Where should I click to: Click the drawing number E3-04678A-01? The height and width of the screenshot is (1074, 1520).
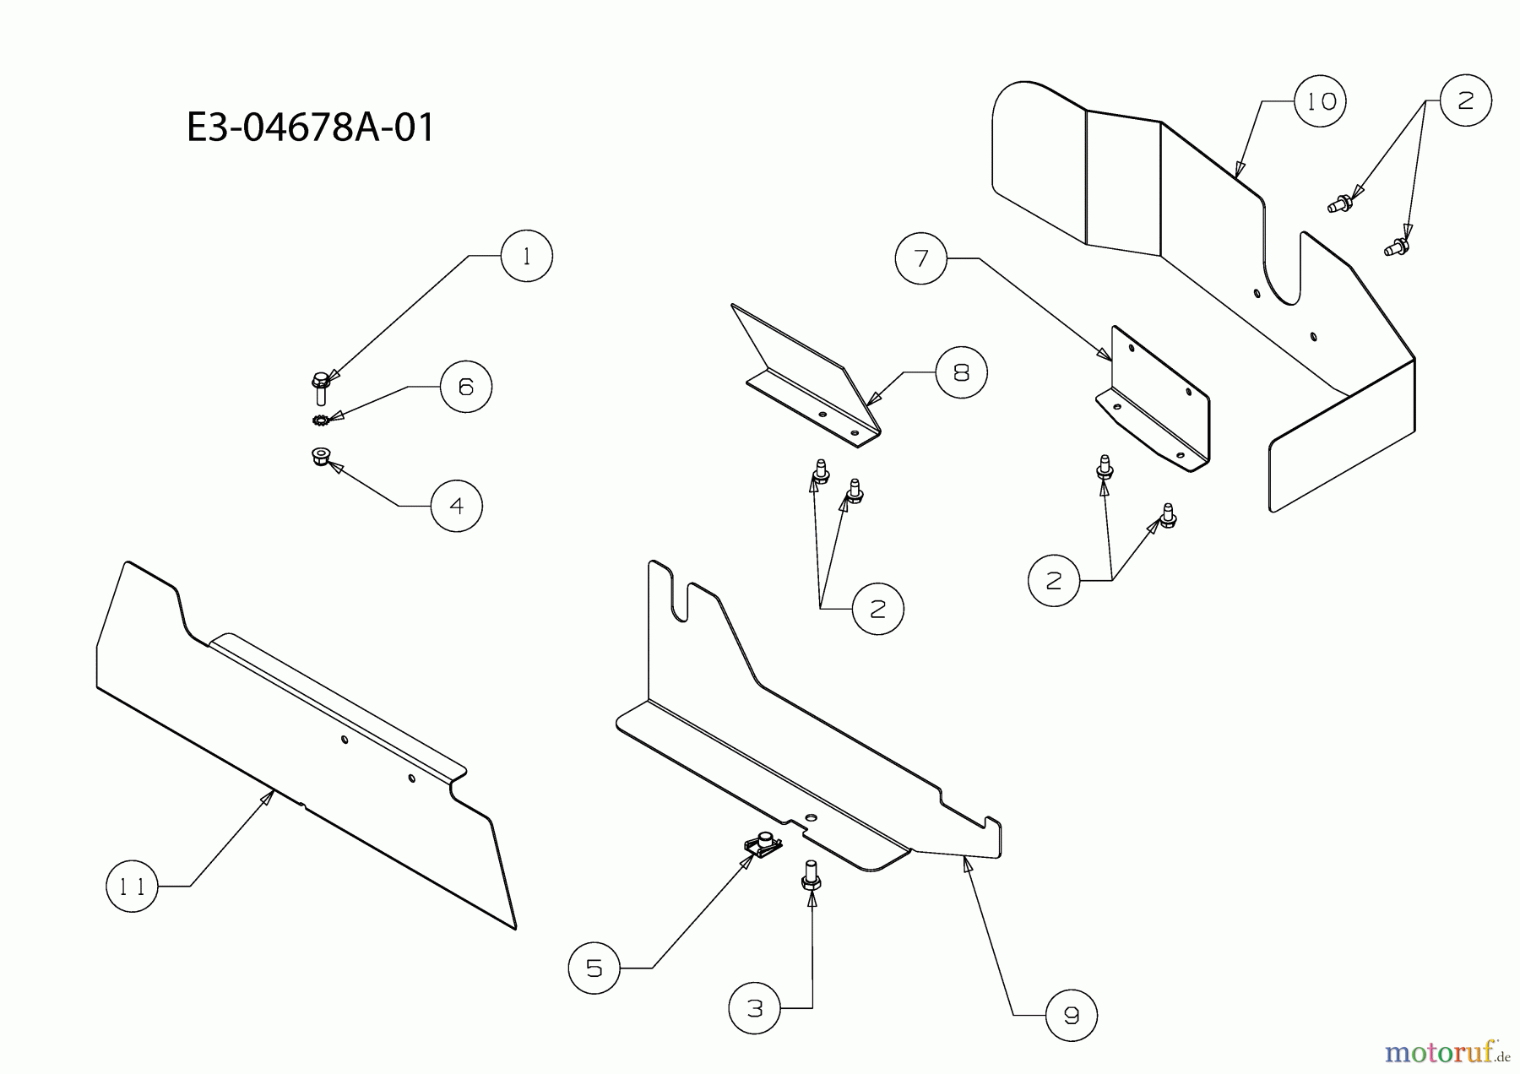311,128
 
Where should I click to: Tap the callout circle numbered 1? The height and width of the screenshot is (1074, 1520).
527,256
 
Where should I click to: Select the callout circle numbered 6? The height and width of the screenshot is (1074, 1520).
466,386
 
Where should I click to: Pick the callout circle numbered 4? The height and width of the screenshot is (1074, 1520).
457,506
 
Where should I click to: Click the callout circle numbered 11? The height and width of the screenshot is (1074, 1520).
132,886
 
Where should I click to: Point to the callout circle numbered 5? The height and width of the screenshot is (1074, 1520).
594,968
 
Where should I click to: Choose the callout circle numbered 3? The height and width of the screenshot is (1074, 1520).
755,1007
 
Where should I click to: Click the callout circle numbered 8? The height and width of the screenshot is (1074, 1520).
961,372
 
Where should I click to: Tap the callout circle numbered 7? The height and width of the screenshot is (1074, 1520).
921,258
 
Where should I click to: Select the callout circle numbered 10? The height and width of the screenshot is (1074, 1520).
1321,101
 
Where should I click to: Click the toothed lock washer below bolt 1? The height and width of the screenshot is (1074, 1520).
320,420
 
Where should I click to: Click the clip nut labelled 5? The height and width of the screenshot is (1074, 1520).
763,844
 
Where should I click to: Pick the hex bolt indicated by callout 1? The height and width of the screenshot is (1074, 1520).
320,388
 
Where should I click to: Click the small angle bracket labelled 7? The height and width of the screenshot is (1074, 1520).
1154,399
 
